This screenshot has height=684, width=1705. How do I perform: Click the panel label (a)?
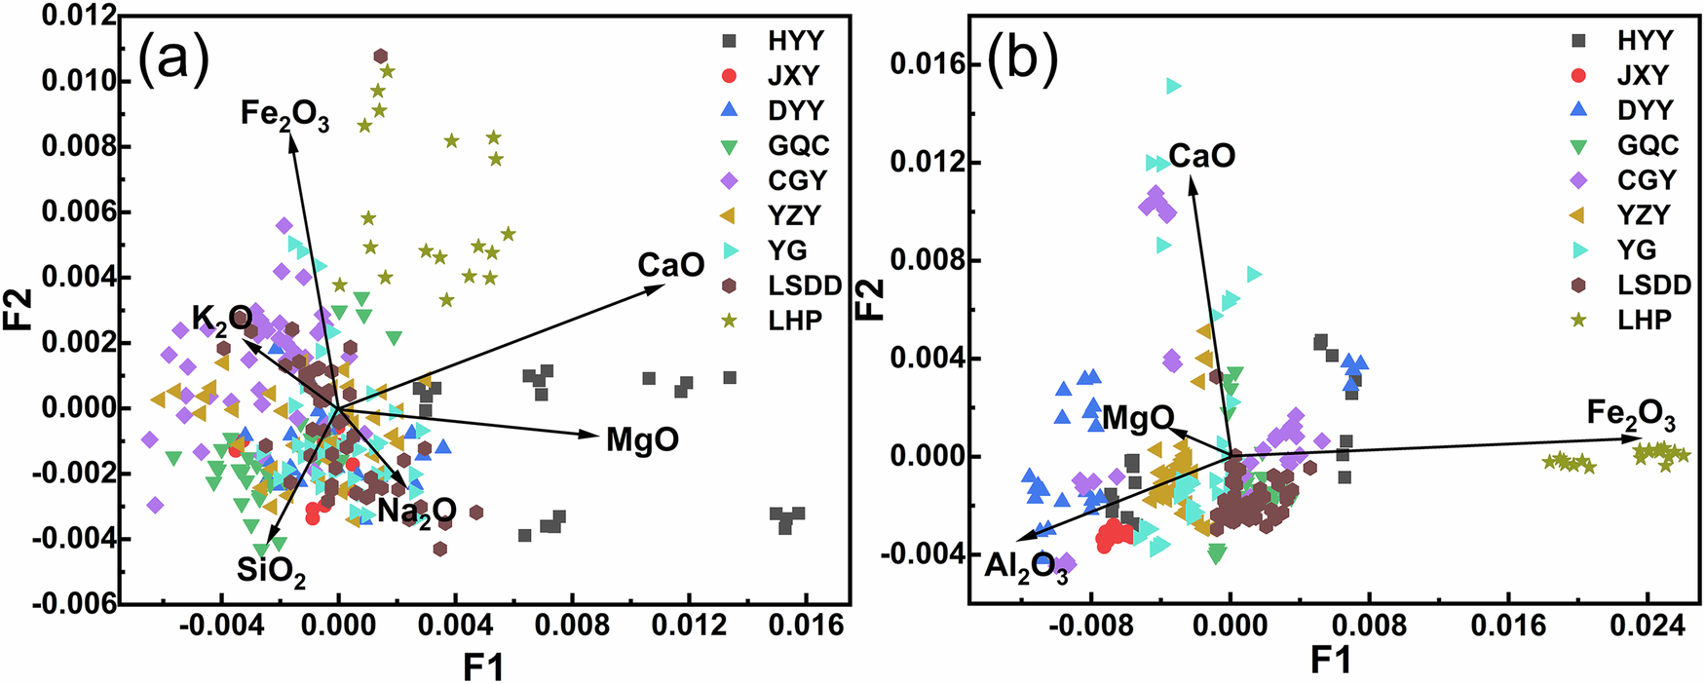point(174,61)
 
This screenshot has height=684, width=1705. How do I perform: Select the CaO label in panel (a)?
point(670,265)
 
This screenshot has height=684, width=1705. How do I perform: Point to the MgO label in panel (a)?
point(642,440)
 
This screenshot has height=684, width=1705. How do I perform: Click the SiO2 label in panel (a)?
point(271,571)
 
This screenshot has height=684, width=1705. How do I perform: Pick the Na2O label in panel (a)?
point(417,511)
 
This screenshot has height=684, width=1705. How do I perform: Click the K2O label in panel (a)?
point(221,319)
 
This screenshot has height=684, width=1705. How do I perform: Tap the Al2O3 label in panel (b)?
point(1025,567)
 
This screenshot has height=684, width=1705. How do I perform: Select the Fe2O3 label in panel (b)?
point(1630,414)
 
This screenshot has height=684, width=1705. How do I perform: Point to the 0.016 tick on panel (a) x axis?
point(805,626)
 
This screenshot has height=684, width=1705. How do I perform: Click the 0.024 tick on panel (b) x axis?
point(1648,626)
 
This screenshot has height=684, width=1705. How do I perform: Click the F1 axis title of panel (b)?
point(1330,662)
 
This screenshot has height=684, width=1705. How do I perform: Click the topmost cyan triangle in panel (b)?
point(1173,87)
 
